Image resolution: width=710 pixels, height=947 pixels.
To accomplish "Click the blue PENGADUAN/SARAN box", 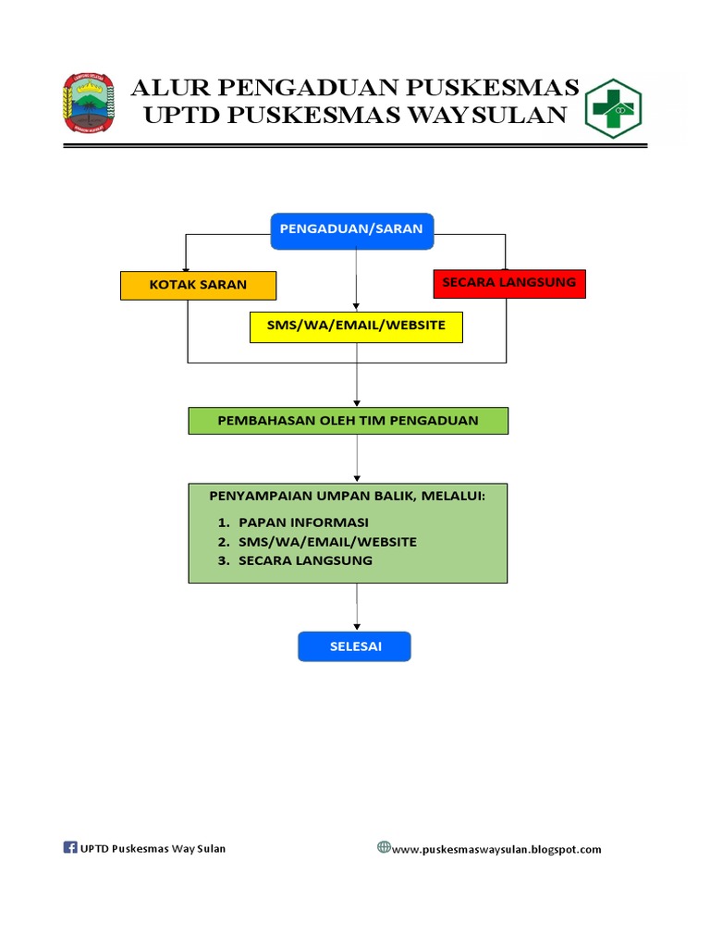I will click(352, 230).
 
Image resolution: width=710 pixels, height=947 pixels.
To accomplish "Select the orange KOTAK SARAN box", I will click(198, 285).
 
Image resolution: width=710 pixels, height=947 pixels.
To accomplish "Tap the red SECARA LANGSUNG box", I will click(508, 283).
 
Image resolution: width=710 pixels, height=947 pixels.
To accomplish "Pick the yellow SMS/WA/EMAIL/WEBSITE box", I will click(356, 326).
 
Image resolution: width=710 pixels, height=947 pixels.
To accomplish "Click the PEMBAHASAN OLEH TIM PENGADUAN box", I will click(348, 421).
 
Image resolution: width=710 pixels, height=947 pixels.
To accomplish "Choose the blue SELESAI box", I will click(354, 646).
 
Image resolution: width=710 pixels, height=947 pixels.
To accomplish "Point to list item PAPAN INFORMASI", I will click(303, 522).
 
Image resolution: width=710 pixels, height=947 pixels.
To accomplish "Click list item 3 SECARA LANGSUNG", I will click(305, 560).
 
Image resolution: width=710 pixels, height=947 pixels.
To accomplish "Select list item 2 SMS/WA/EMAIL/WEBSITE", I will click(327, 541).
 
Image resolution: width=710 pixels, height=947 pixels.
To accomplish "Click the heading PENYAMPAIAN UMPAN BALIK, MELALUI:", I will click(348, 498).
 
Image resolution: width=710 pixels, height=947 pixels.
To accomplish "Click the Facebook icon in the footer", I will click(70, 847).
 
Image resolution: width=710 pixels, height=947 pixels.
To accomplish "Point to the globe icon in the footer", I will click(384, 847).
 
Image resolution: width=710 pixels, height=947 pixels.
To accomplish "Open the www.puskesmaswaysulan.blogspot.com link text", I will click(496, 849).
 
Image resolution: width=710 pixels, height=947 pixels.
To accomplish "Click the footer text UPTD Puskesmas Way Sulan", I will click(153, 848).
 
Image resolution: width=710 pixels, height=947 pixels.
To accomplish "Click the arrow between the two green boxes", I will click(357, 459).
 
